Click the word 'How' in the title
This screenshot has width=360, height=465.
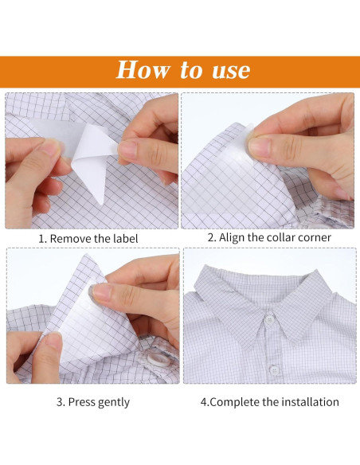tap(143, 70)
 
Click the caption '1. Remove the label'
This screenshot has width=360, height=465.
tap(88, 238)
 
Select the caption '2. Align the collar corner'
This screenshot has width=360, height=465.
tap(269, 237)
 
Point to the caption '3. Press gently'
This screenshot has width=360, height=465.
tap(92, 402)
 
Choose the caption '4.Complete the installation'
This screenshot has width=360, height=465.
tap(270, 402)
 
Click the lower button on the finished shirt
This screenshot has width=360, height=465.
tap(274, 368)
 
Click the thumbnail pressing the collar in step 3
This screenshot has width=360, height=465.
tap(102, 291)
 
